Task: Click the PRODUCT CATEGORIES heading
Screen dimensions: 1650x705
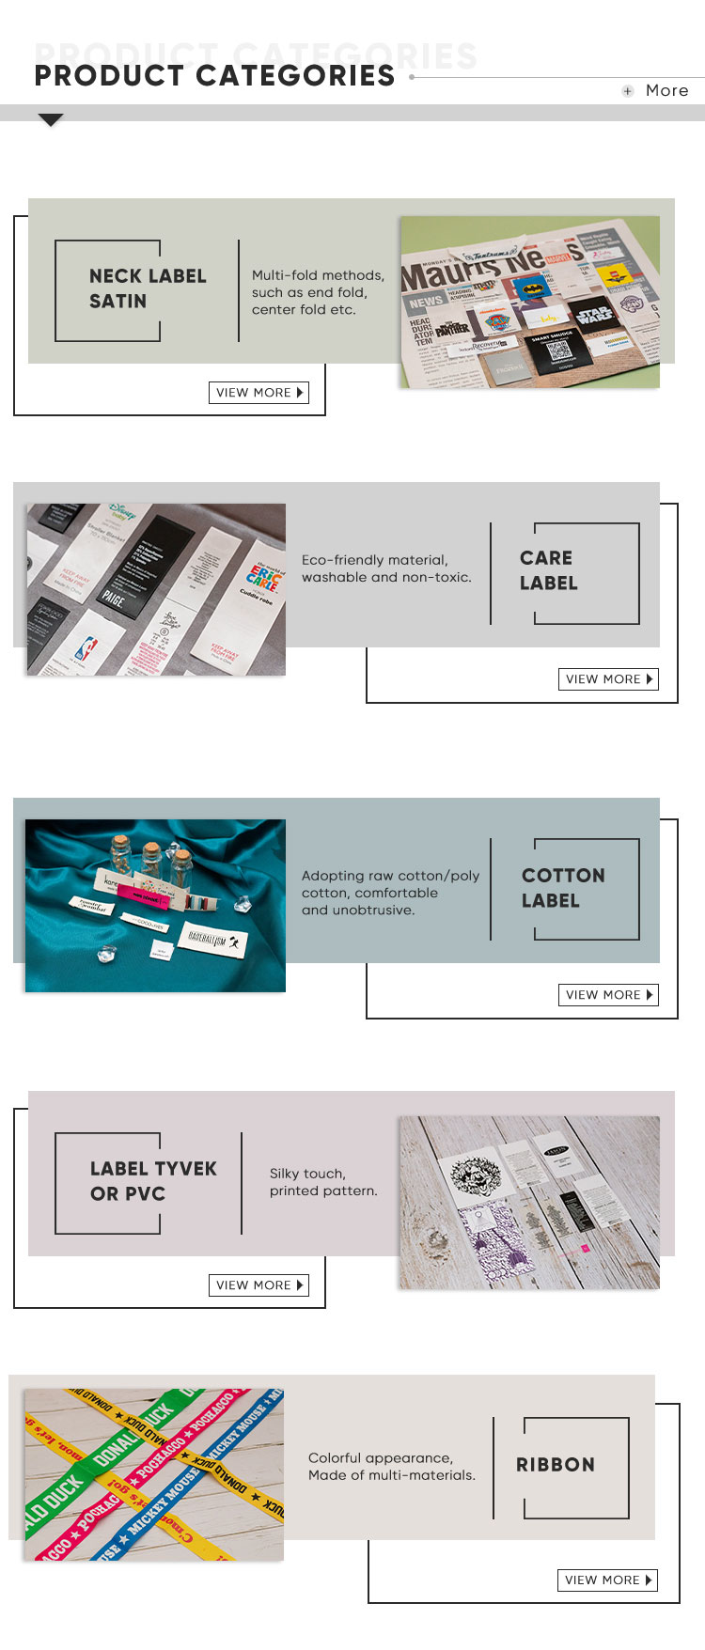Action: click(x=214, y=75)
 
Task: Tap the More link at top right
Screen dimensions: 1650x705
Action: click(x=666, y=90)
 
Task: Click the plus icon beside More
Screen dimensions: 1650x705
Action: click(x=628, y=91)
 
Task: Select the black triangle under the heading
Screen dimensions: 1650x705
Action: click(x=51, y=120)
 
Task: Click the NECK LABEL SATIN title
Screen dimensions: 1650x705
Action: click(x=147, y=288)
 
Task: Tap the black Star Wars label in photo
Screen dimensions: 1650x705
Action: click(x=593, y=313)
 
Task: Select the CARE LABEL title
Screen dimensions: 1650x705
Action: click(x=548, y=570)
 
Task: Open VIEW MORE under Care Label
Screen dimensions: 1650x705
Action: click(x=608, y=679)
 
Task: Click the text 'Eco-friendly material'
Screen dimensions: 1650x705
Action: click(x=374, y=560)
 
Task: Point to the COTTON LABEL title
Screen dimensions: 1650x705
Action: click(x=562, y=888)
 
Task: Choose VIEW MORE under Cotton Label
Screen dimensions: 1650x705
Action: click(x=608, y=995)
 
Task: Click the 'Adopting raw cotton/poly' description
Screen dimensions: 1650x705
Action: click(x=390, y=876)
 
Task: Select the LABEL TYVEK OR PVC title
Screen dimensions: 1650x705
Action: click(x=152, y=1181)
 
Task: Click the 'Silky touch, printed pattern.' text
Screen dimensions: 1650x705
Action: click(x=322, y=1182)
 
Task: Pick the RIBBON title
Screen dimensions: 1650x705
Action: click(x=556, y=1465)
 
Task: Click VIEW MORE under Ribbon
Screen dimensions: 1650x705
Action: click(x=607, y=1580)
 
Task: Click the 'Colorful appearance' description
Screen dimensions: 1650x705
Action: click(x=380, y=1458)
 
